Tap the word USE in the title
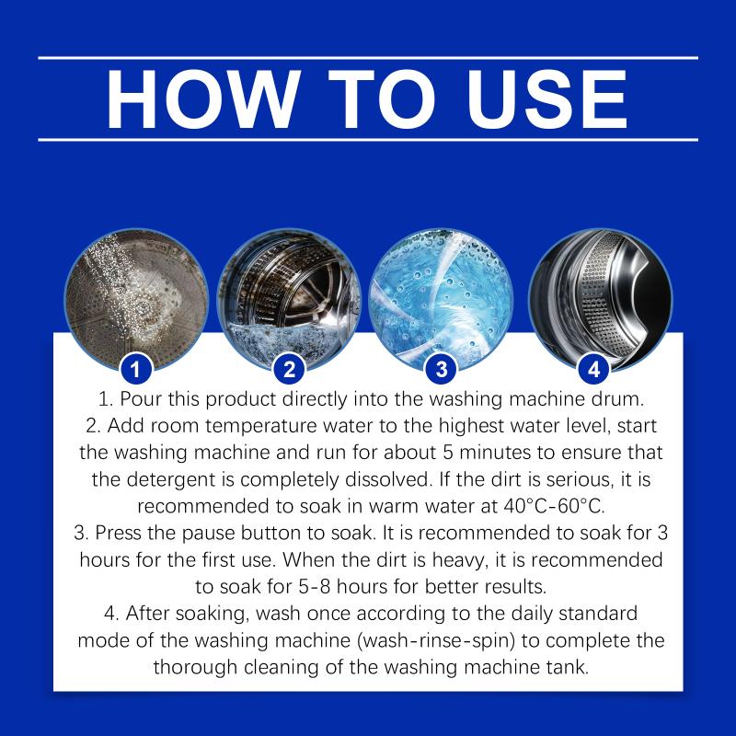[547, 99]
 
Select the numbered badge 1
[135, 369]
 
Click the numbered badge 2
[289, 369]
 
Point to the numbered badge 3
[442, 369]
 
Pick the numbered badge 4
[593, 369]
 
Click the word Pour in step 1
[141, 399]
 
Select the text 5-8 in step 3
[315, 587]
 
